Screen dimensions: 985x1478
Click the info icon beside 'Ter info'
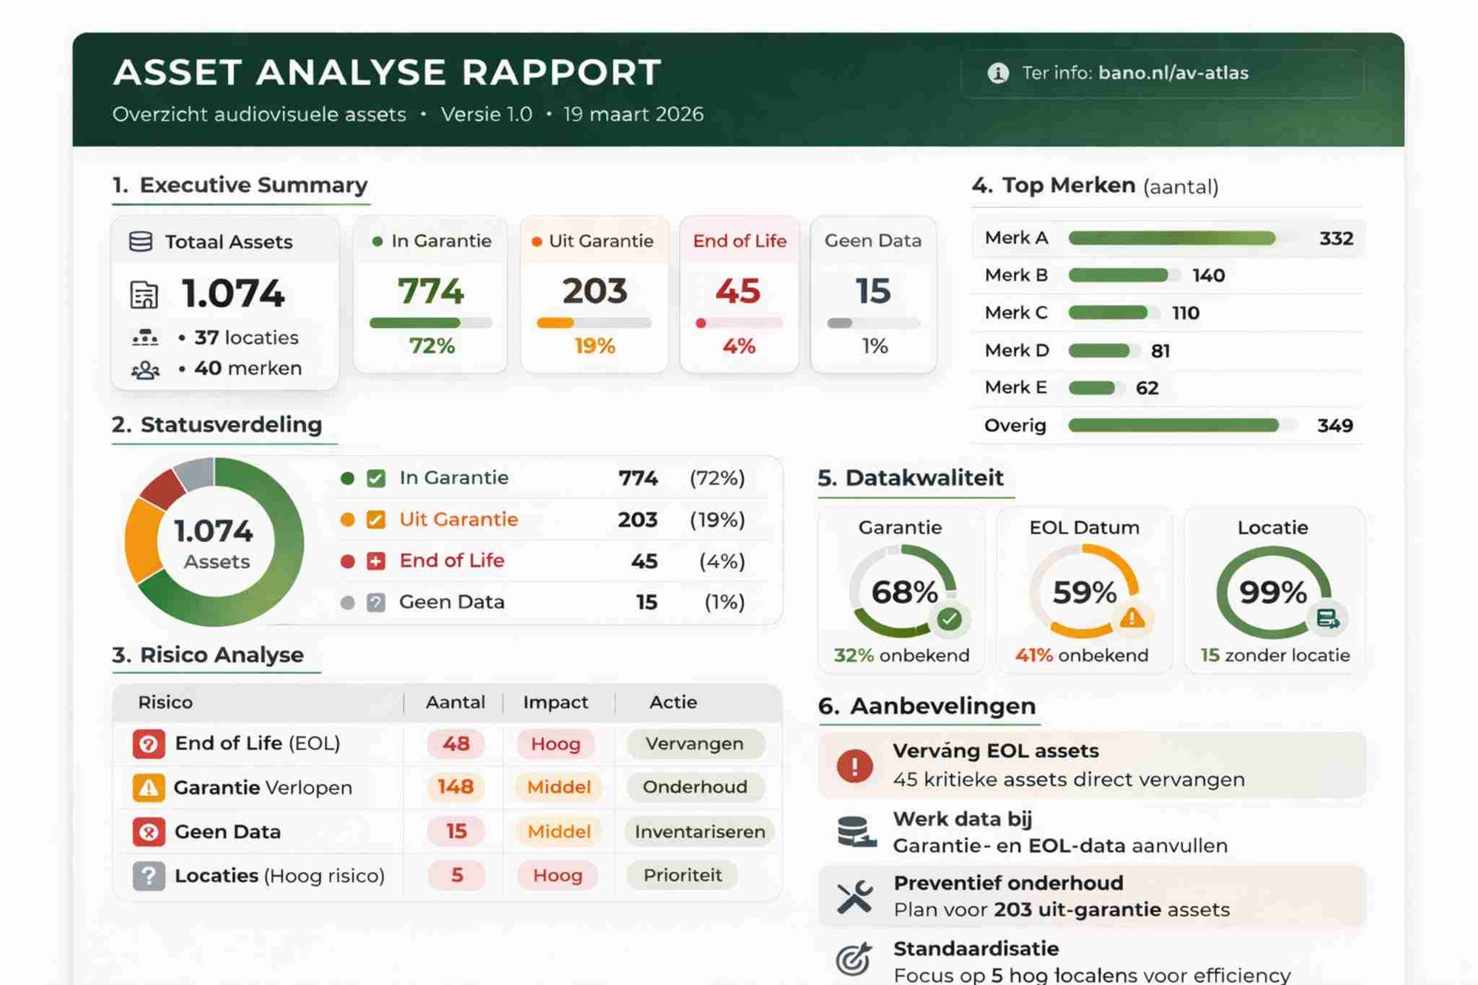pos(998,73)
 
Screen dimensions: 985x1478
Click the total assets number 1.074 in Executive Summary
pos(233,293)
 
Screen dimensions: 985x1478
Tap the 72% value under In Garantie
pos(432,346)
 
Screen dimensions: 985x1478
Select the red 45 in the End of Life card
pos(738,290)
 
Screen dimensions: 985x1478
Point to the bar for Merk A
pos(1171,238)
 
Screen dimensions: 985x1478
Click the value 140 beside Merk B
pos(1208,276)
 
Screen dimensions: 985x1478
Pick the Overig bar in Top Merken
pos(1173,425)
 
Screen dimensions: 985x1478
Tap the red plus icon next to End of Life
pos(375,561)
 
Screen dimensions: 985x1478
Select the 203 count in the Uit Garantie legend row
pos(637,519)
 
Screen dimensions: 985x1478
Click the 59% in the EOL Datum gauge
pos(1084,592)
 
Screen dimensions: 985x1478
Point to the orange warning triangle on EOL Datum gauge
pos(1131,618)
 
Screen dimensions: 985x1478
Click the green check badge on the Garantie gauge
pos(949,618)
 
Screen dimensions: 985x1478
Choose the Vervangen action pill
pos(694,743)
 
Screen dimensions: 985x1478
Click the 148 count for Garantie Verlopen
pos(455,787)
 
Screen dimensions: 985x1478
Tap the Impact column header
pos(555,702)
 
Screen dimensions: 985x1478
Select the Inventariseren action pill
pos(699,831)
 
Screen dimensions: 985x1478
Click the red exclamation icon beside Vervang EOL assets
pos(854,766)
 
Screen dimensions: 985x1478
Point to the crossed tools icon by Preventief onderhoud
pos(855,897)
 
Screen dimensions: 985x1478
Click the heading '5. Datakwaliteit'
pos(910,478)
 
